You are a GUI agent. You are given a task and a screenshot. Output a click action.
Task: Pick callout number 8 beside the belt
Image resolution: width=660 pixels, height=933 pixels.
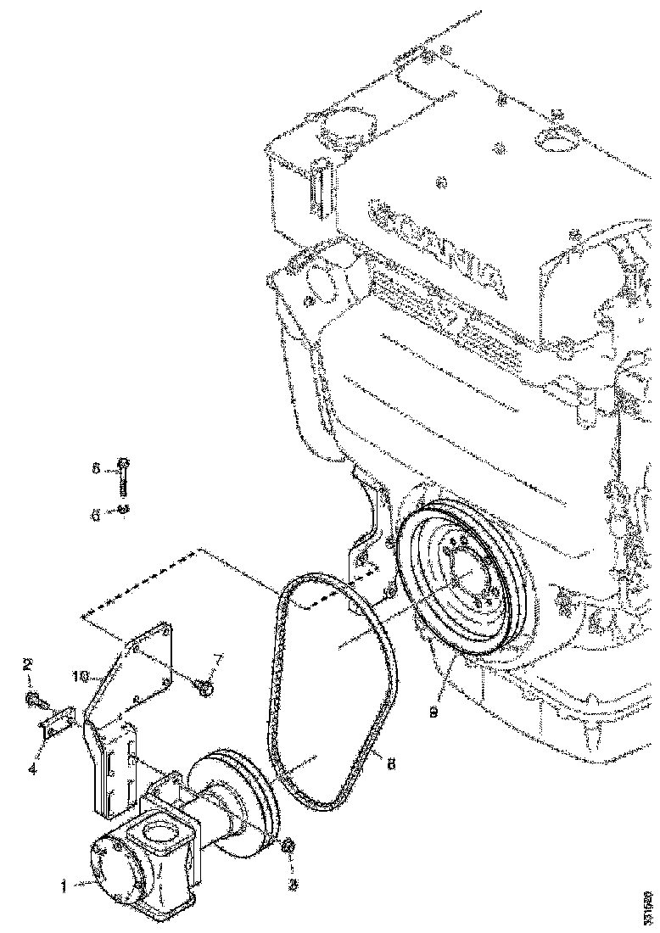390,763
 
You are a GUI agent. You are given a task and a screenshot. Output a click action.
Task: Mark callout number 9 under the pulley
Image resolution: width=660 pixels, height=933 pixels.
433,712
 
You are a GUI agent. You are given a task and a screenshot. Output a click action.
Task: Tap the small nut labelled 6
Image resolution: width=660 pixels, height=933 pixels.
123,509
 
